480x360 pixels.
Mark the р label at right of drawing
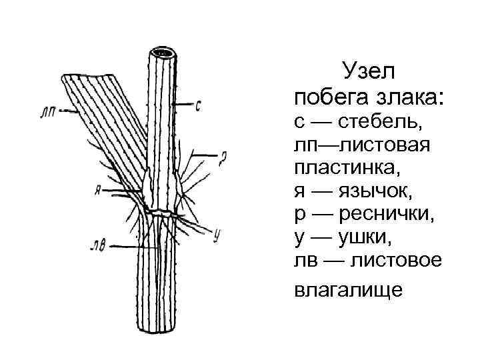(x=224, y=158)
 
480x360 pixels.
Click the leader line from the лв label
(x=133, y=246)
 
